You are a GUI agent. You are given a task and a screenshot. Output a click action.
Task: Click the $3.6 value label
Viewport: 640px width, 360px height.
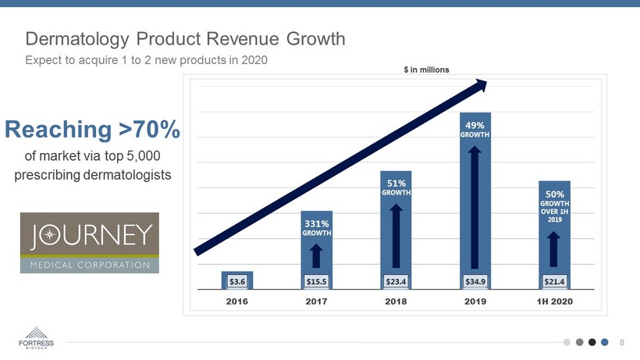[x=237, y=280]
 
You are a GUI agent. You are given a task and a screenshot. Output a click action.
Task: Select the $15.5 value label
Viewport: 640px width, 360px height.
[x=317, y=280]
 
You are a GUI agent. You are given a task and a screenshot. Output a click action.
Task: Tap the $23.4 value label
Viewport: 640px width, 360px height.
[x=396, y=280]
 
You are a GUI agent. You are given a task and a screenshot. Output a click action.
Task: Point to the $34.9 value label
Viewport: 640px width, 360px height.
[x=475, y=280]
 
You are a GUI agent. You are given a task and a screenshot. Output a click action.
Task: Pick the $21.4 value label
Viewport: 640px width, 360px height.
[x=554, y=280]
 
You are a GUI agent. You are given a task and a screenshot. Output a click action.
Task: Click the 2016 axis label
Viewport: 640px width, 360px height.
[x=237, y=301]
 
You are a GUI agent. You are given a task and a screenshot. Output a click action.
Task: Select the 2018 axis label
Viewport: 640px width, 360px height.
[x=396, y=301]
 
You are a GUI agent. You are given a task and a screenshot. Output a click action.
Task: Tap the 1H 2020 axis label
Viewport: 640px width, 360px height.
[x=554, y=301]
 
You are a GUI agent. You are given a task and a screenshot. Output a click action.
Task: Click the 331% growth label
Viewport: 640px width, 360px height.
[x=317, y=227]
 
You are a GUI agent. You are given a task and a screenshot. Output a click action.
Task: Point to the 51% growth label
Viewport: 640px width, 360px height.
[x=396, y=187]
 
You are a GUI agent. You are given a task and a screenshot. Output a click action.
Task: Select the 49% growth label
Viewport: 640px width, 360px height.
[x=475, y=129]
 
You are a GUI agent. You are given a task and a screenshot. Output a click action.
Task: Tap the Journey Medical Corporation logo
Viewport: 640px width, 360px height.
[x=89, y=242]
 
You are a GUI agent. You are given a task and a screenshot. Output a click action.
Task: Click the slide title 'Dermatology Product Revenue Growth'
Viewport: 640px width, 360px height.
[x=186, y=38]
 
